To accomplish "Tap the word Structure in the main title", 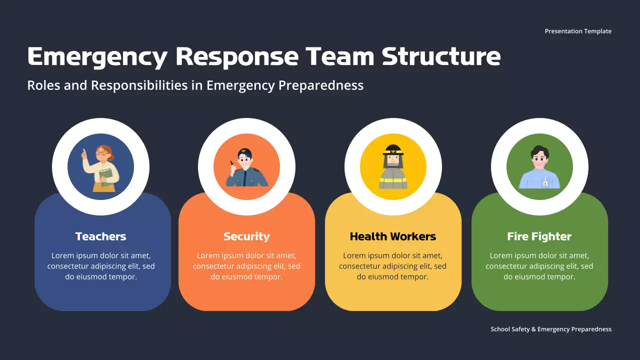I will pyautogui.click(x=441, y=56).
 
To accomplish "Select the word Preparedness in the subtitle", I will pyautogui.click(x=320, y=85).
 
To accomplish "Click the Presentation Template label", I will pyautogui.click(x=578, y=31).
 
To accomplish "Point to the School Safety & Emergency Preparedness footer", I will pyautogui.click(x=551, y=329).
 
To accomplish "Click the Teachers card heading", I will pyautogui.click(x=100, y=236).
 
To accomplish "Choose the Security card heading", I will pyautogui.click(x=246, y=236).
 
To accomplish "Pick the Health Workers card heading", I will pyautogui.click(x=393, y=236).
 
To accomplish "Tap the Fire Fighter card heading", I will pyautogui.click(x=539, y=236).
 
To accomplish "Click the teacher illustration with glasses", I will pyautogui.click(x=101, y=167).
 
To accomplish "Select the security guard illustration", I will pyautogui.click(x=246, y=168).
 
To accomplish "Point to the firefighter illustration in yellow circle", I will pyautogui.click(x=393, y=167).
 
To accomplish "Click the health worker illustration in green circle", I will pyautogui.click(x=539, y=168).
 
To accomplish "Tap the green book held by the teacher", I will pyautogui.click(x=106, y=176).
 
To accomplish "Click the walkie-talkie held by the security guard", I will pyautogui.click(x=231, y=163).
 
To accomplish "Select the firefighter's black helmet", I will pyautogui.click(x=393, y=149).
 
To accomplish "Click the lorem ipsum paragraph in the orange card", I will pyautogui.click(x=246, y=266).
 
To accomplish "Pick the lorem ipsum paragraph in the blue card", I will pyautogui.click(x=100, y=266).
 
